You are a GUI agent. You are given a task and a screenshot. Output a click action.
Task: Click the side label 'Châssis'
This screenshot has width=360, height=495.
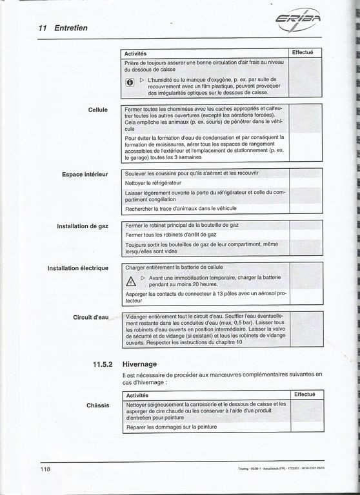coord(97,405)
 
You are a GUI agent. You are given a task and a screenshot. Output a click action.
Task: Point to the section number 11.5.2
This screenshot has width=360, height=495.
coord(104,364)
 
